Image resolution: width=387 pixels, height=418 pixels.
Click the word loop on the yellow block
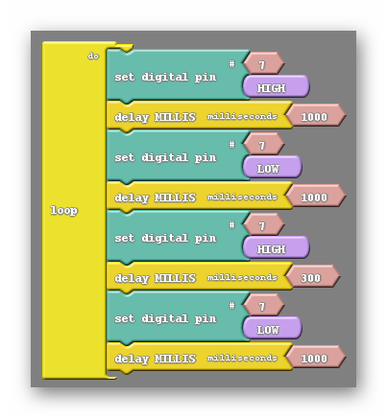coord(64,211)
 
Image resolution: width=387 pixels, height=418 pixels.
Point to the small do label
coord(93,57)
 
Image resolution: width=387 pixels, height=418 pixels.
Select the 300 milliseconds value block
coord(311,277)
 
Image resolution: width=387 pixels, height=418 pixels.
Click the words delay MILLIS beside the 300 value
coord(155,278)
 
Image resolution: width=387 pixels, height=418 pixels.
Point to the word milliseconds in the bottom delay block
coord(242,358)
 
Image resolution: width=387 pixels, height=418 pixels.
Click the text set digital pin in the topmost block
coord(165,77)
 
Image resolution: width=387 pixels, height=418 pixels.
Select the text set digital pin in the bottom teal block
coord(165,318)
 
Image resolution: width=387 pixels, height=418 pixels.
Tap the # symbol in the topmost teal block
coord(232,64)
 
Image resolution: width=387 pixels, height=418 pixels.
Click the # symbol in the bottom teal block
coord(232,306)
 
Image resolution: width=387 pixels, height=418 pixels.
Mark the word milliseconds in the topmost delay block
coord(242,116)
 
